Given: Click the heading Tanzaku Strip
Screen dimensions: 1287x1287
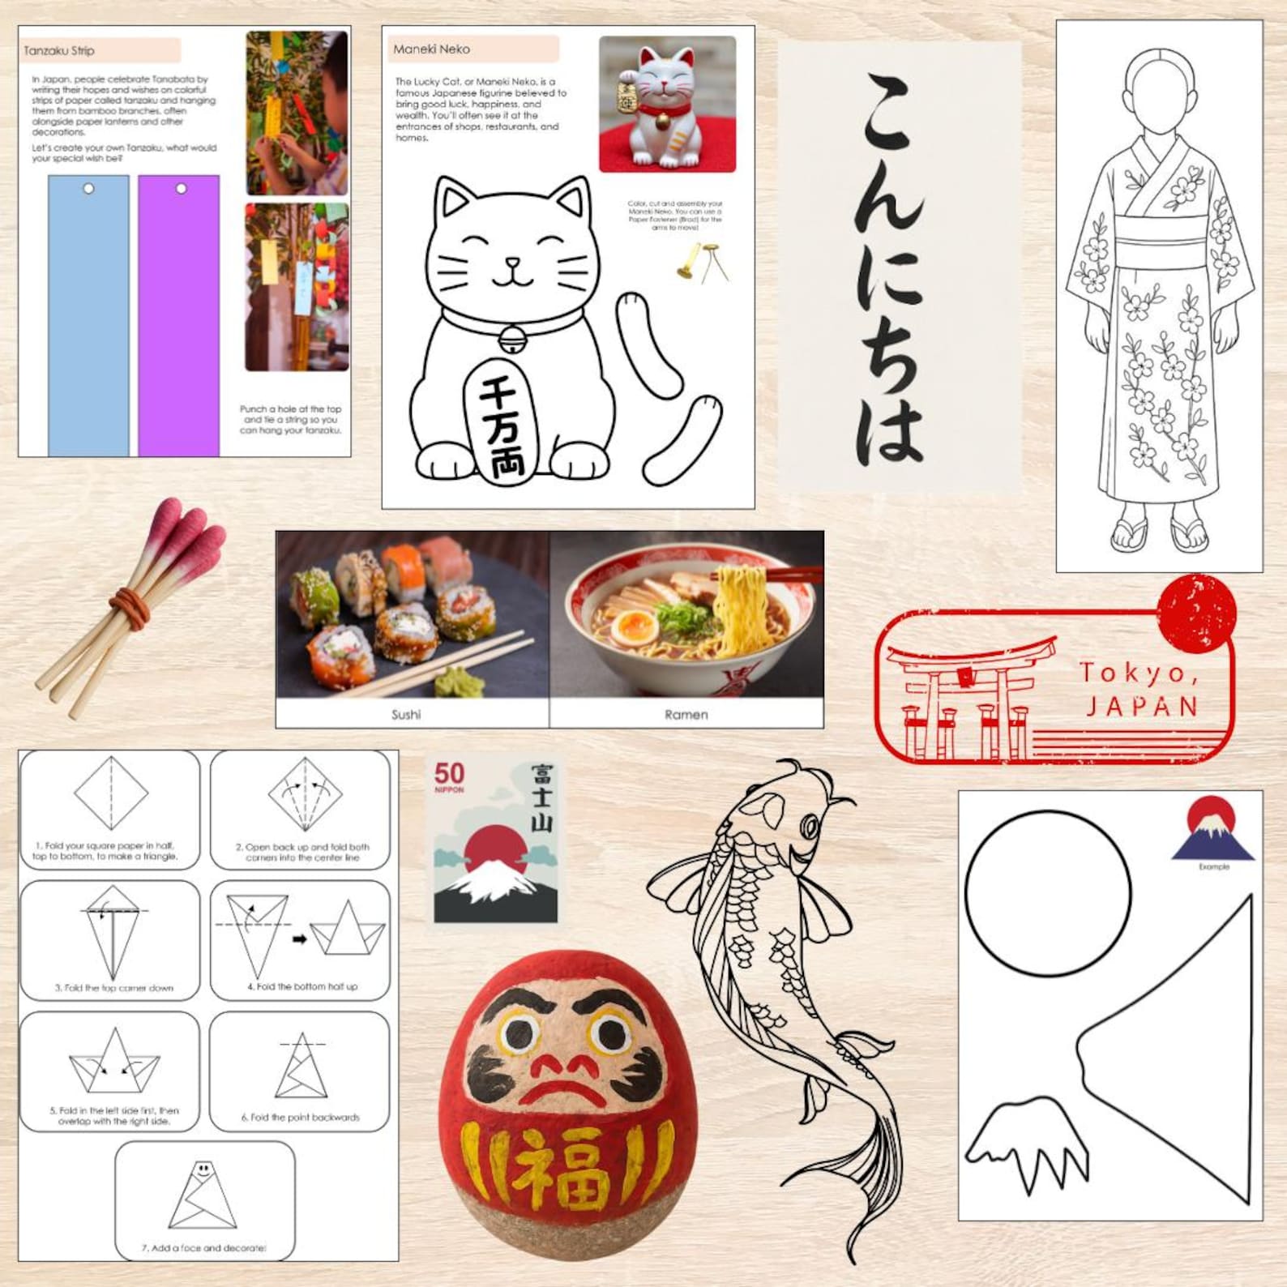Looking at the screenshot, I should [x=59, y=51].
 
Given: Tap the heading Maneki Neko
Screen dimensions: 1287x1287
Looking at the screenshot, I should [x=431, y=49].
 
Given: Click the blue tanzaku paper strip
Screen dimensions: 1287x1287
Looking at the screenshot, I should [x=88, y=316].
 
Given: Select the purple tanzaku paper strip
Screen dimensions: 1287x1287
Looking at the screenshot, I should [x=178, y=316].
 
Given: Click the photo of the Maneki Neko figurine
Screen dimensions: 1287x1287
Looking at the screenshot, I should [x=667, y=105].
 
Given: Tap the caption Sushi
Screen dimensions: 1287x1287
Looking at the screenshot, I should [x=406, y=714].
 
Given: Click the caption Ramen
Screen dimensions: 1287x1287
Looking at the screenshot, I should [x=686, y=714].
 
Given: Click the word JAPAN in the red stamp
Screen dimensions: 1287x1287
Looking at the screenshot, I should [x=1141, y=706].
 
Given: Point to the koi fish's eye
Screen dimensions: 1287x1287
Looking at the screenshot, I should [x=810, y=827].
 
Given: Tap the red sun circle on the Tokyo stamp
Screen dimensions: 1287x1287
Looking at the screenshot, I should [x=1196, y=614].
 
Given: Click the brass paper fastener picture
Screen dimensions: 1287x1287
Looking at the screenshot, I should [x=701, y=261].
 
